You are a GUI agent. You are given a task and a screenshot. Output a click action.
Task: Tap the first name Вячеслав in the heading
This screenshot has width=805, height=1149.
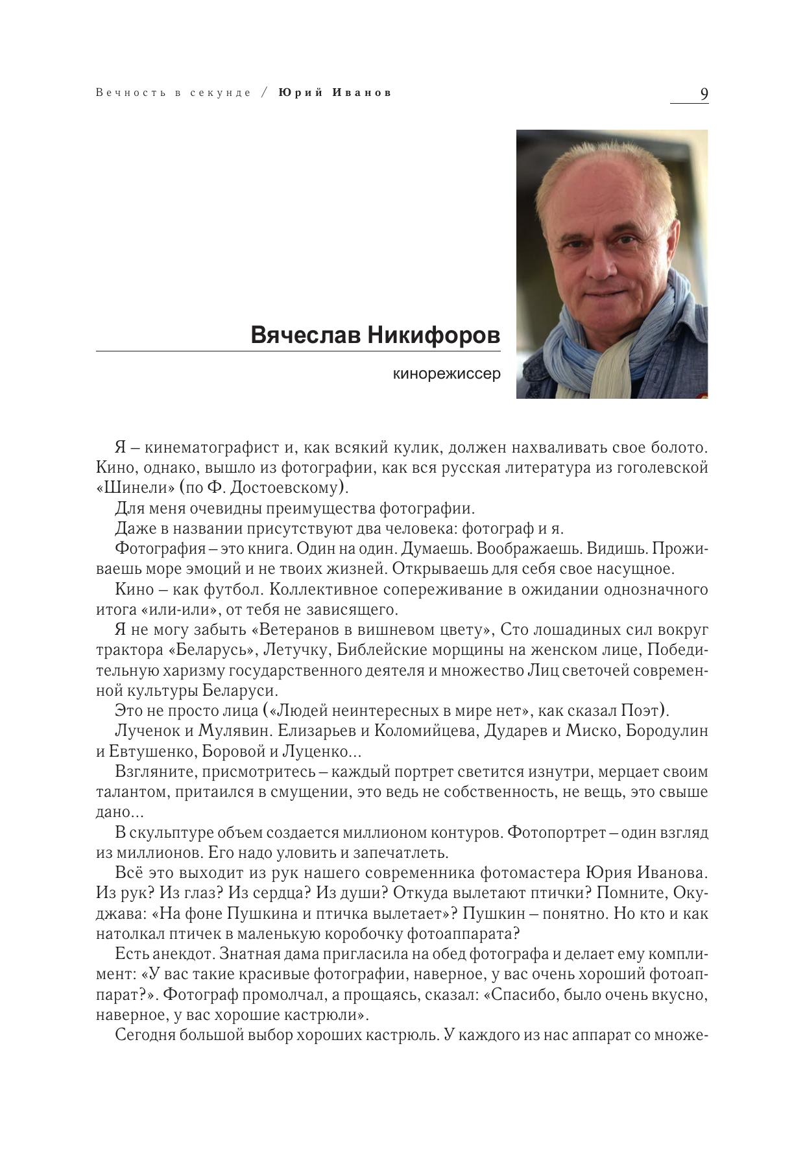[x=306, y=336]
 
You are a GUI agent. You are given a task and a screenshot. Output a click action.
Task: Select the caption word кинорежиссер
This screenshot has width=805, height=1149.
[x=447, y=374]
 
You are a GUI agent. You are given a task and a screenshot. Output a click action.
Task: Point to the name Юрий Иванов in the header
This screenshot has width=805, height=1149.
[x=335, y=93]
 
